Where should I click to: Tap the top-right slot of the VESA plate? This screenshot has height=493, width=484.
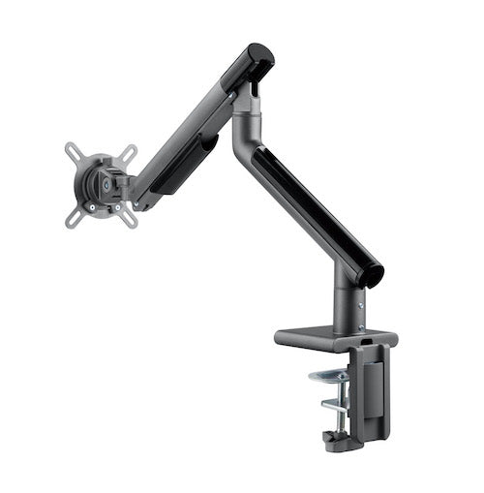129,153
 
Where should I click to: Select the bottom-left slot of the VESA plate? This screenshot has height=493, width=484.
74,218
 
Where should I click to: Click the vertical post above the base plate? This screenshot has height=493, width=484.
348,305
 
